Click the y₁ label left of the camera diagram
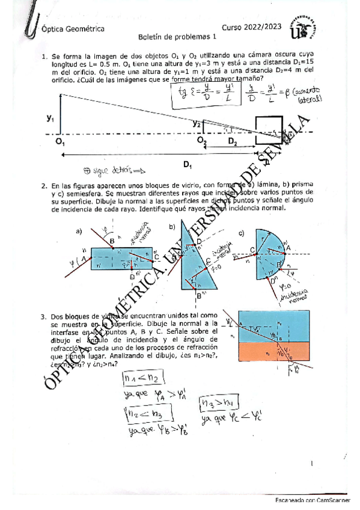click(x=50, y=119)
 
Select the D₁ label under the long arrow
click(x=187, y=164)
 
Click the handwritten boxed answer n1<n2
click(x=139, y=377)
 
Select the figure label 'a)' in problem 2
click(x=79, y=231)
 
